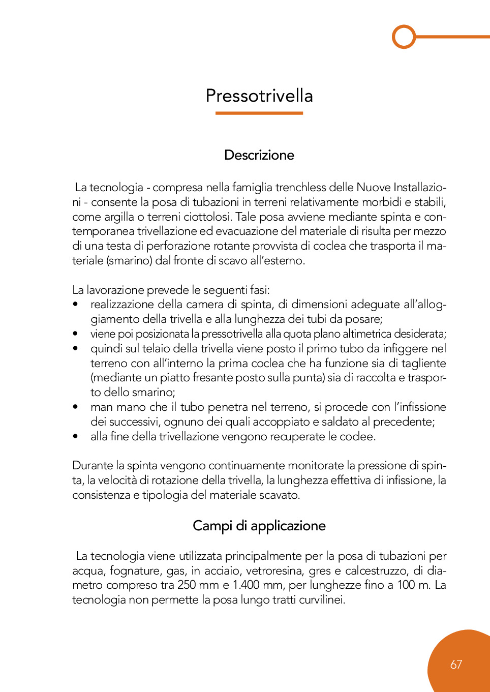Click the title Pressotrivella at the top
pyautogui.click(x=259, y=96)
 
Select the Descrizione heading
pyautogui.click(x=259, y=155)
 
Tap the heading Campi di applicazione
pyautogui.click(x=259, y=526)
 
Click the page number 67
pyautogui.click(x=456, y=665)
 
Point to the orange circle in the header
pyautogui.click(x=404, y=37)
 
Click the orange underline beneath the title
pyautogui.click(x=259, y=113)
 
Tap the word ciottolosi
pyautogui.click(x=207, y=217)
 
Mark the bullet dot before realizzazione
pyautogui.click(x=76, y=305)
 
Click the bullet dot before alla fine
pyautogui.click(x=76, y=436)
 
